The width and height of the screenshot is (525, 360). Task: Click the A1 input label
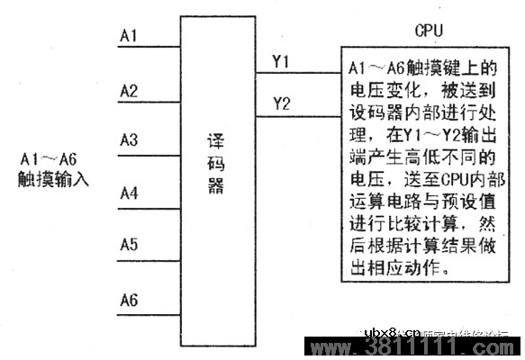click(128, 36)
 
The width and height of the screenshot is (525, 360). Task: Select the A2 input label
click(128, 90)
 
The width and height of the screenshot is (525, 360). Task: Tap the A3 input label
click(128, 140)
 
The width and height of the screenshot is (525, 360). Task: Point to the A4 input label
click(128, 193)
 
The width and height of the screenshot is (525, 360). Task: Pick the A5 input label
click(128, 245)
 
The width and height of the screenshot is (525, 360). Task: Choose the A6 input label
click(128, 299)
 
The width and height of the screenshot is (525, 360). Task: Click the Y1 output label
click(281, 61)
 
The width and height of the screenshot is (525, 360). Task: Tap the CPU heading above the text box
click(429, 30)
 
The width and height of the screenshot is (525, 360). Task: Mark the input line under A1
click(149, 47)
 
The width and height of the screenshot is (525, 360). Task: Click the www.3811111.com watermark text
click(414, 348)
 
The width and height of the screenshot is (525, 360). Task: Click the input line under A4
click(149, 204)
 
